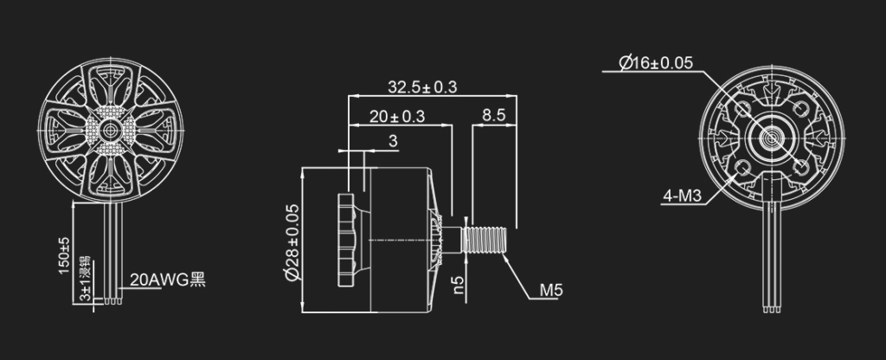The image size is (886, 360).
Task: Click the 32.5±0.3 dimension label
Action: [x=421, y=87]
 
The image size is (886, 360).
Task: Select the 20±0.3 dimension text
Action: [x=396, y=117]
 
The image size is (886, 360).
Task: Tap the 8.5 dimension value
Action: [x=493, y=116]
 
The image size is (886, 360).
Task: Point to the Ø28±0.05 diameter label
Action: [x=292, y=242]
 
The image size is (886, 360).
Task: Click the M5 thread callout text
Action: [x=551, y=291]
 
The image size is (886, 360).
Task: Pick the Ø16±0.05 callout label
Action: [x=656, y=62]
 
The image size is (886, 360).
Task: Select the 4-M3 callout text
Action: [x=682, y=196]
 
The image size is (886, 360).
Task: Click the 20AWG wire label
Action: [x=168, y=280]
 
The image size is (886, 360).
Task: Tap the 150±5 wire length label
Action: [x=64, y=256]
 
